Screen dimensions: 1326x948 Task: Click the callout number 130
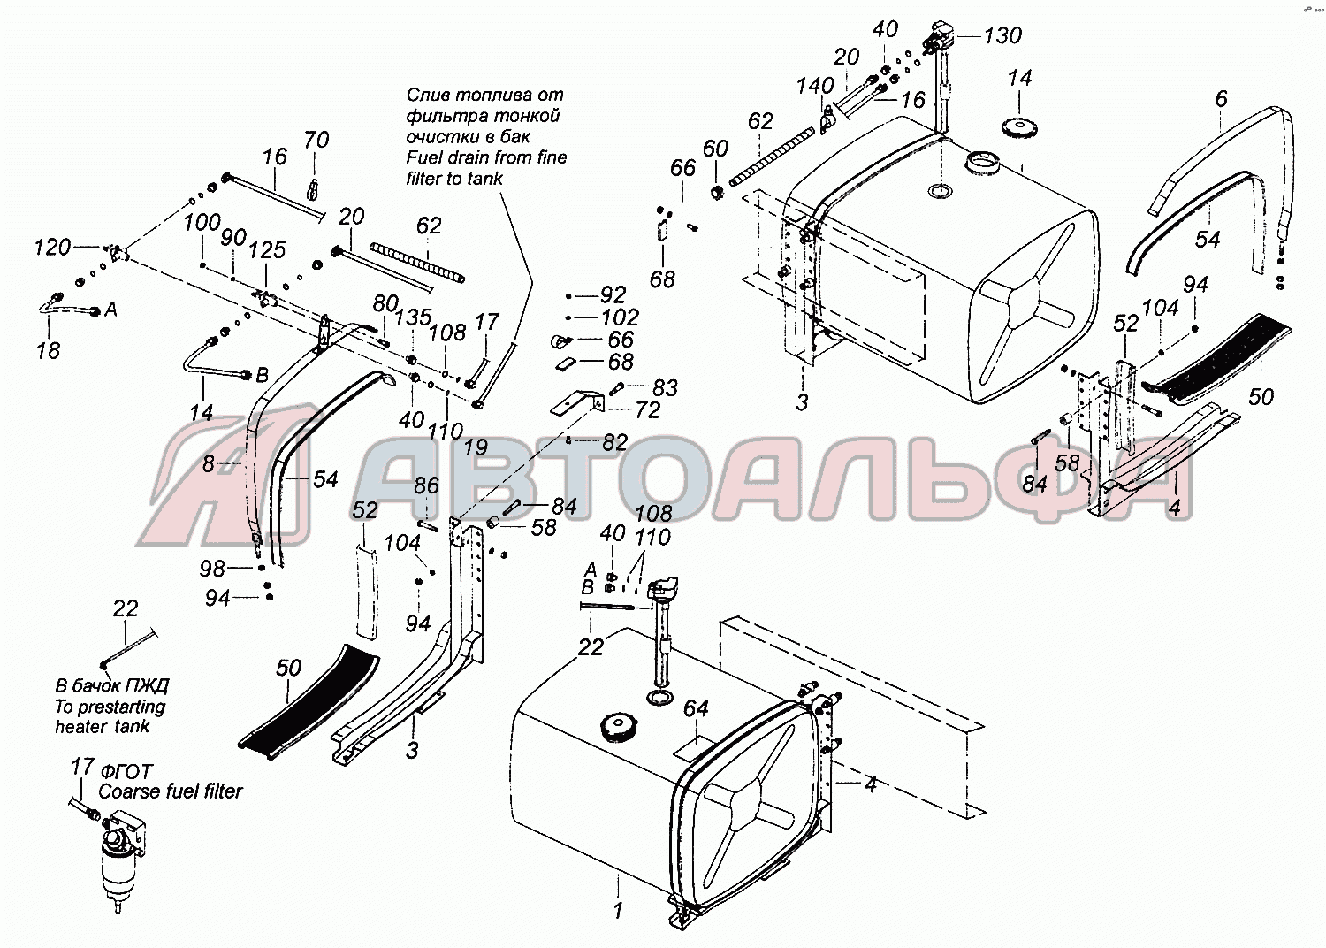coord(1002,35)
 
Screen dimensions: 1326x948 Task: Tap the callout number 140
coord(815,86)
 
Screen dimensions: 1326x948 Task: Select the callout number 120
coord(53,247)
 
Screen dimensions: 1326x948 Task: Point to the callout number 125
coord(268,250)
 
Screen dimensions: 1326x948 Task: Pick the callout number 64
coord(696,708)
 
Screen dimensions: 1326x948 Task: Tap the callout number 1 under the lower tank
coord(618,910)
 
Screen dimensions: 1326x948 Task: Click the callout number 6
coord(1222,99)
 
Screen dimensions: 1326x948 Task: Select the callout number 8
coord(208,463)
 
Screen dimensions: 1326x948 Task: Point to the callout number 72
coord(647,409)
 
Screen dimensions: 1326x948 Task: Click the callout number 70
coord(316,141)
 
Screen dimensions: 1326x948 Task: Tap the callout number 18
coord(48,350)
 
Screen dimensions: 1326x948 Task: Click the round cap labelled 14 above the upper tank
coord(1019,127)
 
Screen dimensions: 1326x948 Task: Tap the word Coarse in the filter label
coord(125,791)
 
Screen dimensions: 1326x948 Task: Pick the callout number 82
coord(614,442)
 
